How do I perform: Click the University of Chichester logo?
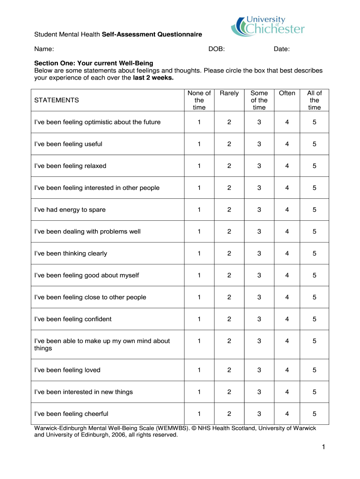coord(268,26)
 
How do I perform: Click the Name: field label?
coord(44,49)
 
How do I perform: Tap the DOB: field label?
coord(216,49)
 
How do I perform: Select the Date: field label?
coord(282,49)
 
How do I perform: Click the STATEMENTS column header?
coord(57,100)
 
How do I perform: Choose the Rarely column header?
coord(229,93)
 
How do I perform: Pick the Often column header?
coord(287,93)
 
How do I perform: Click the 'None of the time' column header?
coord(199,100)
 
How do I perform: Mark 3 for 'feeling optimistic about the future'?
coord(259,122)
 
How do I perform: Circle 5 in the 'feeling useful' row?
coord(315,144)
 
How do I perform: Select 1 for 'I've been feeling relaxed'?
coord(199,166)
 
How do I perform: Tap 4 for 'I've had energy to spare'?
coord(287,210)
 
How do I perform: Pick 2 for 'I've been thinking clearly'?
coord(229,254)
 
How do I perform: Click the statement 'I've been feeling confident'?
coord(73,319)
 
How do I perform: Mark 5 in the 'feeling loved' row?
coord(315,370)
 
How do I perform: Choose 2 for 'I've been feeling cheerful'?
coord(229,414)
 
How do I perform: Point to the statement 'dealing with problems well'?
coord(87,232)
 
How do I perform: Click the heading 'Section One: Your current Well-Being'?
coord(94,63)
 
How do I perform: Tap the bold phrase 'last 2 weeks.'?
coord(153,78)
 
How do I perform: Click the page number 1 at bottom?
coord(323,448)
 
